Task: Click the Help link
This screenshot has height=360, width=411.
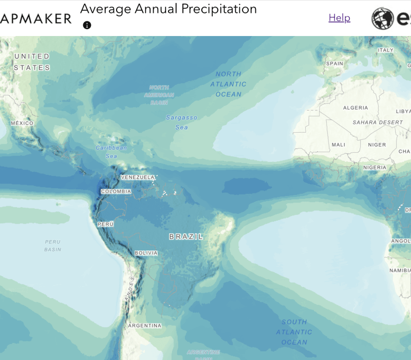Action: pos(339,18)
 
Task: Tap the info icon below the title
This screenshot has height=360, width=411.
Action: pos(87,25)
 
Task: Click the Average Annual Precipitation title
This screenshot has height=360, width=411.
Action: pos(169,9)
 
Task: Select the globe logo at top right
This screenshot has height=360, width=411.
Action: pos(383,19)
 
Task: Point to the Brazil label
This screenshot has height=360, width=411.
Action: pos(186,237)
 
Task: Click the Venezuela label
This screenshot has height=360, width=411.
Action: pos(138,177)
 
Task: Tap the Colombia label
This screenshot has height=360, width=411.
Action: pos(116,191)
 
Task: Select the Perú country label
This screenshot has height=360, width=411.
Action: pos(105,224)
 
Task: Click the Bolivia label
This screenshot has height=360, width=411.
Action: pos(146,253)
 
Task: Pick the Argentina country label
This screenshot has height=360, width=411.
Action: pos(145,326)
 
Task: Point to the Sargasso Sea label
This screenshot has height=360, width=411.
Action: pos(181,122)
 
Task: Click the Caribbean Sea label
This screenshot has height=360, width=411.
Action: pos(111,152)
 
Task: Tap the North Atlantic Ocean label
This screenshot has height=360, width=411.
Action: pos(229,84)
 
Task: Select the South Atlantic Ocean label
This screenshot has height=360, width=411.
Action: pos(294,332)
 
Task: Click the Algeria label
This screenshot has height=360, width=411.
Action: pos(356,108)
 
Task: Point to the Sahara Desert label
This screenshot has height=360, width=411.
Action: pos(378,122)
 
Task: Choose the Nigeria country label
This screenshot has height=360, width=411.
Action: pos(375,168)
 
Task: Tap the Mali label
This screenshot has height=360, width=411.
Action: pos(339,145)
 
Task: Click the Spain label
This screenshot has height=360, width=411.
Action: pos(334,64)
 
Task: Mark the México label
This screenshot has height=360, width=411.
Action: pos(22,123)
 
